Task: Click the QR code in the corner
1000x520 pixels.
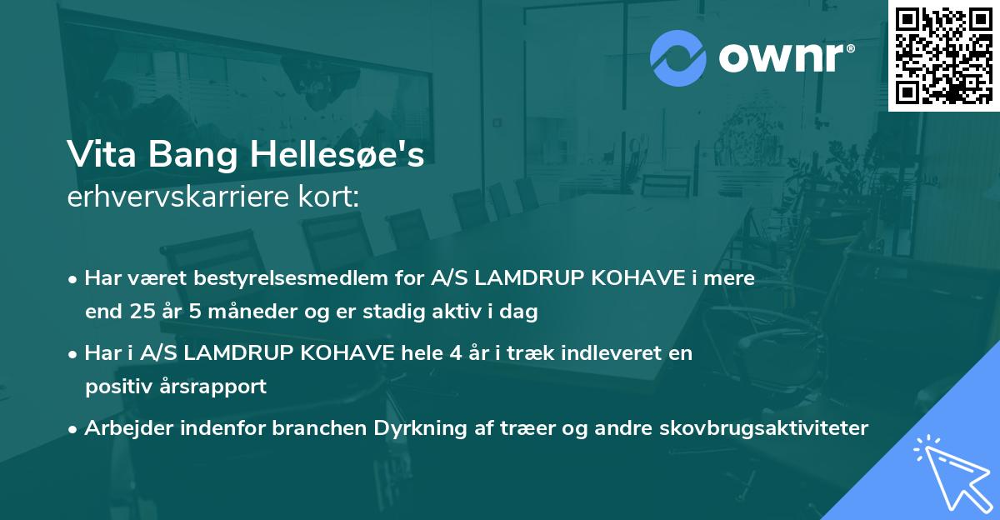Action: (x=943, y=55)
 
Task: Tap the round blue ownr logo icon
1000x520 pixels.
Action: (x=677, y=57)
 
